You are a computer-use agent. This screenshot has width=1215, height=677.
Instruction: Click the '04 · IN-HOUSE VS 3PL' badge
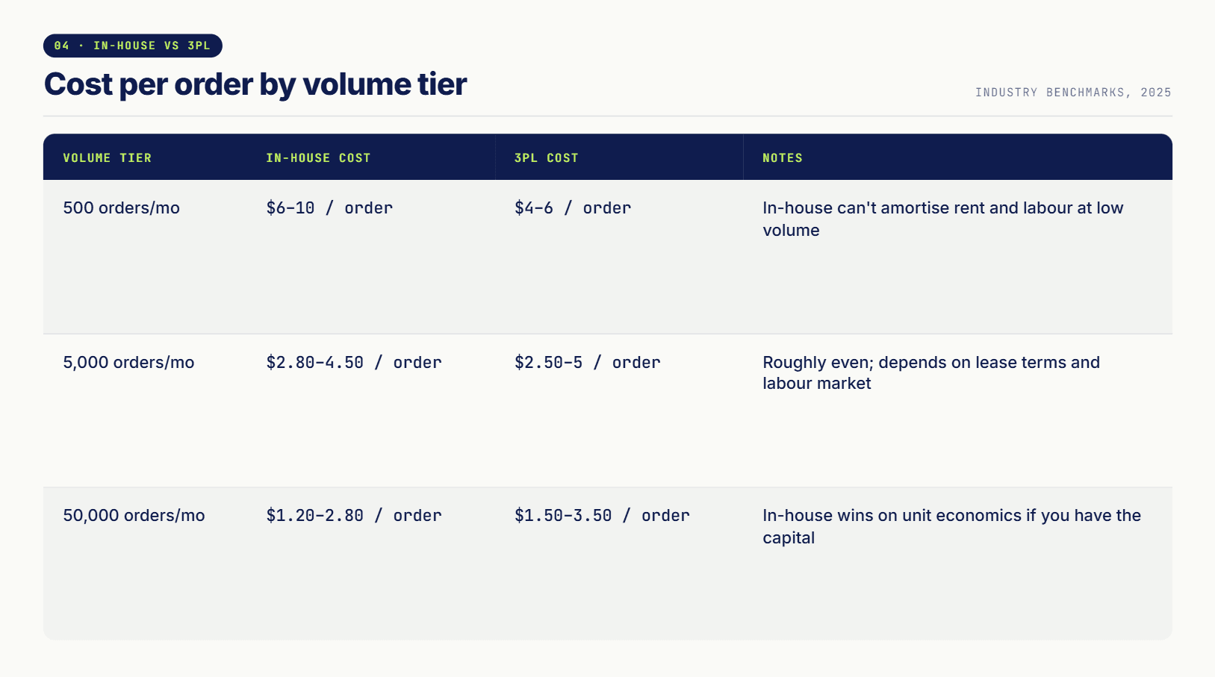(x=132, y=46)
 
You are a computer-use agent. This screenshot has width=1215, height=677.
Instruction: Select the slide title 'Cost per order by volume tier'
(x=255, y=84)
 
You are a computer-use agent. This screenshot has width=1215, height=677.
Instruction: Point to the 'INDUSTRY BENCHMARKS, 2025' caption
(x=1073, y=93)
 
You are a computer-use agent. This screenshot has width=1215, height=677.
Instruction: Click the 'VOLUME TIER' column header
(x=108, y=157)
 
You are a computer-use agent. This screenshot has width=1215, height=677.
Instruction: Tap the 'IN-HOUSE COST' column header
(x=318, y=157)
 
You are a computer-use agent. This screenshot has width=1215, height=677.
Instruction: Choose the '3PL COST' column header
(x=546, y=157)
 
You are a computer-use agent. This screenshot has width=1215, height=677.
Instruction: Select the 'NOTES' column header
(x=782, y=157)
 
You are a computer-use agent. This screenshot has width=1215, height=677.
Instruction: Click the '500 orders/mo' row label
(x=121, y=208)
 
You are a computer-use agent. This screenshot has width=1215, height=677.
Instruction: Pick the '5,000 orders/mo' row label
(x=128, y=362)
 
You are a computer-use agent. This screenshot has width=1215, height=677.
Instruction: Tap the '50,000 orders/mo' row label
(x=134, y=515)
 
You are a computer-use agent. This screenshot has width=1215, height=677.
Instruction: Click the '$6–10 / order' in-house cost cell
(x=329, y=208)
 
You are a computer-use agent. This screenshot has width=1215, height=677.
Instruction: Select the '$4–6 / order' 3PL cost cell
(x=573, y=208)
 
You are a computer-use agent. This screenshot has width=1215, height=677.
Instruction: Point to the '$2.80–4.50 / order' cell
(x=354, y=362)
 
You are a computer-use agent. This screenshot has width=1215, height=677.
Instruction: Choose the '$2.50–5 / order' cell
(x=588, y=362)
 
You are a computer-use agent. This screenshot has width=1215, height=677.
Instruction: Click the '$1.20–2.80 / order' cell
(x=354, y=515)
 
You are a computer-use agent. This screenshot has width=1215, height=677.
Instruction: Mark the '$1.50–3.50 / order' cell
(x=602, y=515)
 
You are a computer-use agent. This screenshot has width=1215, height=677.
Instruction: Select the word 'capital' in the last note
(x=789, y=538)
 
